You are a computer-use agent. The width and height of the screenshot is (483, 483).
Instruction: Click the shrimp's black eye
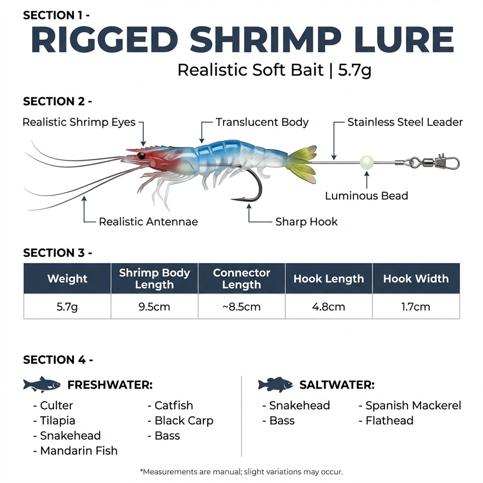pos(141,155)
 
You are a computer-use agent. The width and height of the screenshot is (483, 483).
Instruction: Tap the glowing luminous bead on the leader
pos(367,163)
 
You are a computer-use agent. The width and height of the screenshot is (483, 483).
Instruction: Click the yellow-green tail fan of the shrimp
pos(301,165)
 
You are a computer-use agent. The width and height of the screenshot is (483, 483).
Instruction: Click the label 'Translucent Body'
pos(262,122)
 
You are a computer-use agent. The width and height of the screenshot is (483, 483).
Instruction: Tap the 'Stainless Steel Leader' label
pos(405,122)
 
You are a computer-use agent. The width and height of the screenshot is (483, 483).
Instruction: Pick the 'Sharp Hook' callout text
pos(306,222)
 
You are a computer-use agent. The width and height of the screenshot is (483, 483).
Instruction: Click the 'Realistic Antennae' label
pos(148,222)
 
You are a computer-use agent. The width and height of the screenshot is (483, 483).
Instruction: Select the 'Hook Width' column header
pos(416,278)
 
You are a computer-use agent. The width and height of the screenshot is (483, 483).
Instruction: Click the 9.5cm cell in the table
pos(154,307)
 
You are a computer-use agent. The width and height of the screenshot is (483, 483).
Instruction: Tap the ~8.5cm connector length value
pos(242,307)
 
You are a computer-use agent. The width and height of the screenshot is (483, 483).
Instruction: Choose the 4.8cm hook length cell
pos(329,307)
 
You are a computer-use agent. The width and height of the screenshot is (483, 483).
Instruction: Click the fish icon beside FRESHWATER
pos(42,384)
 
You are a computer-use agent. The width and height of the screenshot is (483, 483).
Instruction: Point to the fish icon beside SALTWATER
pos(275,384)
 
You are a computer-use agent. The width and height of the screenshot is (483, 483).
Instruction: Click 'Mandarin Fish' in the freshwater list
pos(79,451)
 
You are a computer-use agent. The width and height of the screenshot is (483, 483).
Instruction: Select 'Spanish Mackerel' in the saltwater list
pos(414,406)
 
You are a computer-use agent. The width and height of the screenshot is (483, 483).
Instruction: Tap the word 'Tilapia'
pos(57,421)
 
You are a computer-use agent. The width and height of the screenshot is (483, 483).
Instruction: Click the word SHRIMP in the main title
pos(266,40)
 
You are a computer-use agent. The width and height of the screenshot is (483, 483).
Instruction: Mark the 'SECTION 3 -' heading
pos(57,253)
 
